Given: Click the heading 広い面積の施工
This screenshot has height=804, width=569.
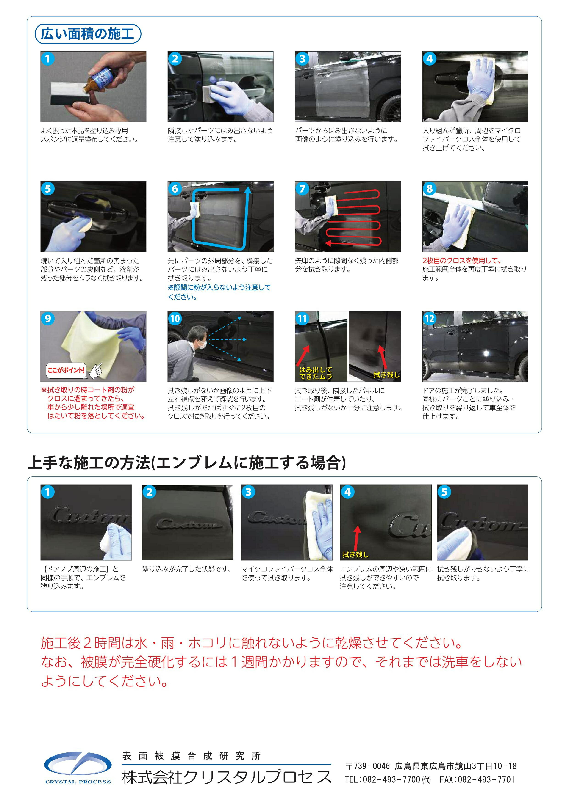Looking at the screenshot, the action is [88, 34].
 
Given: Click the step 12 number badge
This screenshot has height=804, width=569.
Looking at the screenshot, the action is [429, 319].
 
